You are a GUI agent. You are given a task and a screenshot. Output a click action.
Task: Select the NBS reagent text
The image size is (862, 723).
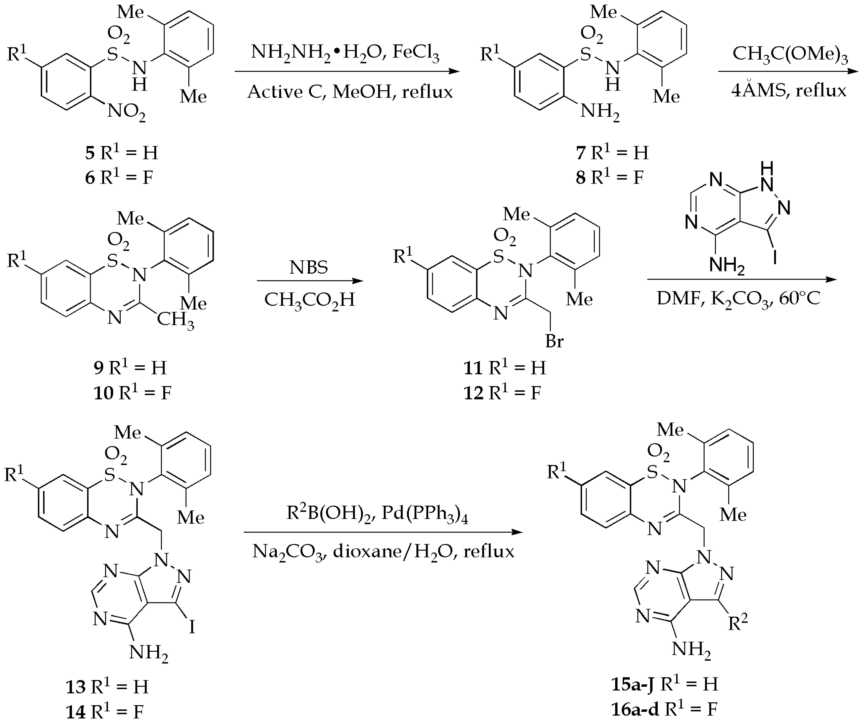(x=309, y=267)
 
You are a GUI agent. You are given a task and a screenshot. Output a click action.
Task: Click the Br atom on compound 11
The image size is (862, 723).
(x=554, y=341)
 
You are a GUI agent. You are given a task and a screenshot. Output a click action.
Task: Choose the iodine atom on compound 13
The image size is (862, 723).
(x=192, y=626)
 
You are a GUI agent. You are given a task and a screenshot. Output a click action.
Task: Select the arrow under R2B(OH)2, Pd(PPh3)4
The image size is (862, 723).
(x=383, y=532)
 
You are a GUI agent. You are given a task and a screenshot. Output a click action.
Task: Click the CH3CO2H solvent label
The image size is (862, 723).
(x=309, y=300)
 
